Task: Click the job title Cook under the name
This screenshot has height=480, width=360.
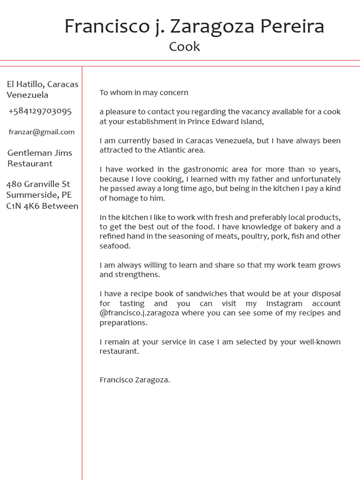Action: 184,46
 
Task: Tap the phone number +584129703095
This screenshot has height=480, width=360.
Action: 40,111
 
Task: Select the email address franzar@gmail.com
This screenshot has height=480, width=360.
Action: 41,132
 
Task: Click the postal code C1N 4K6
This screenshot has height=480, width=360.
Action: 23,206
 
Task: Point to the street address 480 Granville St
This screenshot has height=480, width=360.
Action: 38,184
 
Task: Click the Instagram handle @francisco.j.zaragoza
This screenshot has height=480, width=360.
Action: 139,313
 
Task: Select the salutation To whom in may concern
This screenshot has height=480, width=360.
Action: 143,92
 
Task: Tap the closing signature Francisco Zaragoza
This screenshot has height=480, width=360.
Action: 135,380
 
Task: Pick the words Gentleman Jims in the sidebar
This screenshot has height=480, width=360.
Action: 40,152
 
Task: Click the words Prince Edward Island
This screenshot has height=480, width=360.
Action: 225,121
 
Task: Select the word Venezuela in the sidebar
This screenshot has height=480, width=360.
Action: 27,95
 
